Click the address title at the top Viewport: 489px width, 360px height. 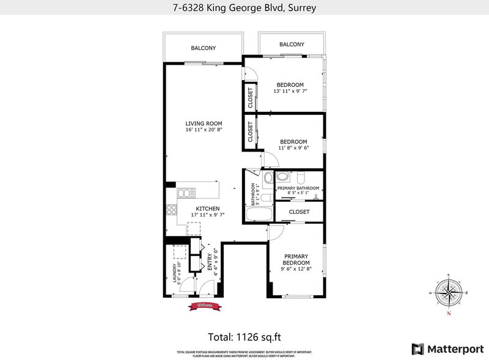coord(244,9)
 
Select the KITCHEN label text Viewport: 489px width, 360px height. coord(207,208)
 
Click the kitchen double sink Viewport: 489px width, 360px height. coord(185,193)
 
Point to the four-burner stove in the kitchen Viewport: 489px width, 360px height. coord(171,210)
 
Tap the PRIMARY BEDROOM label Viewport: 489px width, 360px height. coord(296,259)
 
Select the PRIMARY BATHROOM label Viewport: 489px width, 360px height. coord(298,188)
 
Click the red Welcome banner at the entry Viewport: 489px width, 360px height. coord(204,305)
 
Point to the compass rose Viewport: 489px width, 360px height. coord(449,293)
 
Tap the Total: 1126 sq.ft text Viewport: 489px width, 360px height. coord(244,336)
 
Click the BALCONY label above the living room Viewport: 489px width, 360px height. coord(203,48)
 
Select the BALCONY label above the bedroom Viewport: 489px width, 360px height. coord(292,45)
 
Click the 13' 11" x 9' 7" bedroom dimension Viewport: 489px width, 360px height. coord(290,91)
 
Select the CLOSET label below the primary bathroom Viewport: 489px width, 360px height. coord(299,212)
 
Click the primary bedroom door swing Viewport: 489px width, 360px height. coord(275,230)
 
